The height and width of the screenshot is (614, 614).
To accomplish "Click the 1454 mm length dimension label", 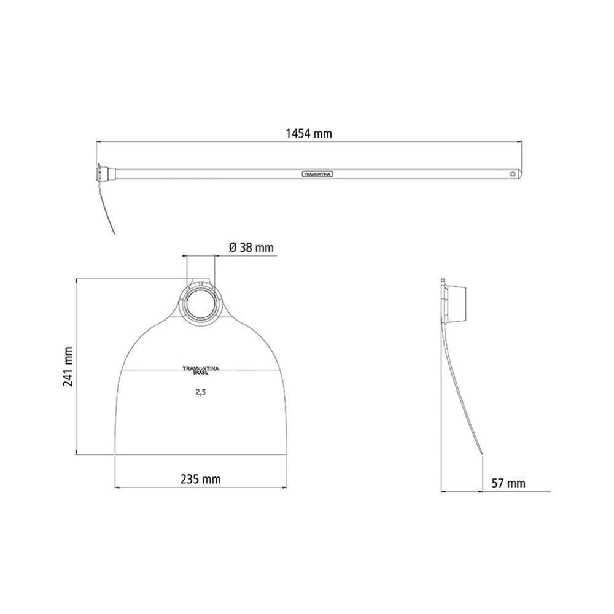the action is pyautogui.click(x=309, y=133).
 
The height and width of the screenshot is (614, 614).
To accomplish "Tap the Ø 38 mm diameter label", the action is pyautogui.click(x=251, y=247).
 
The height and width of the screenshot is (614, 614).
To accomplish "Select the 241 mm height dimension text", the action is pyautogui.click(x=68, y=366).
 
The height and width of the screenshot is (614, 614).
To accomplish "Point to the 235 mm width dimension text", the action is pyautogui.click(x=201, y=479).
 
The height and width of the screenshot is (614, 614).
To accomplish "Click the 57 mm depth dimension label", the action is pyautogui.click(x=508, y=483).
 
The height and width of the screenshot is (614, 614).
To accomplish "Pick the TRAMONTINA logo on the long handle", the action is pyautogui.click(x=317, y=174).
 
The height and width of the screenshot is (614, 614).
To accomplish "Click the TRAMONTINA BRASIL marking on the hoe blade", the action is pyautogui.click(x=201, y=370).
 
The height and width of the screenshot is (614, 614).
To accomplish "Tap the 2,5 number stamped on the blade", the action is pyautogui.click(x=201, y=392).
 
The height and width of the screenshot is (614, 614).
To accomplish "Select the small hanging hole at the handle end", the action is pyautogui.click(x=513, y=174).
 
